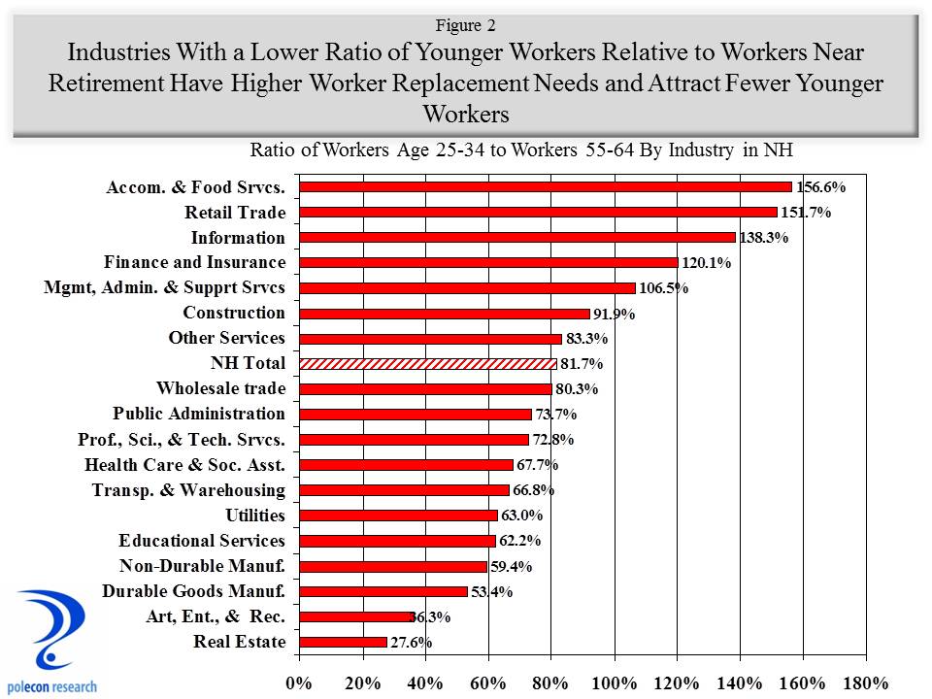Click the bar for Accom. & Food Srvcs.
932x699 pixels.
coord(546,186)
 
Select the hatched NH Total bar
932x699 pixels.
coord(427,363)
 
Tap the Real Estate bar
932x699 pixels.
coord(343,642)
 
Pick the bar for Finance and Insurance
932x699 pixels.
coord(488,262)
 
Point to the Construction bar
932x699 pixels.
coord(444,313)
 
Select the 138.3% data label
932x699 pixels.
coord(764,238)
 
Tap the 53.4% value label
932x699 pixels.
coord(492,591)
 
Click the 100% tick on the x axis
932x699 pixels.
coord(615,682)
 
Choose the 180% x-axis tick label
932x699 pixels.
coord(867,682)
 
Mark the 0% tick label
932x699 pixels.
coord(299,682)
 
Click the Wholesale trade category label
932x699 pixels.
coord(220,388)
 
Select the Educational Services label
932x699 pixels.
coord(202,541)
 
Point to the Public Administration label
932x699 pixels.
coord(199,414)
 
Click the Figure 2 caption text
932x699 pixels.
coord(465,25)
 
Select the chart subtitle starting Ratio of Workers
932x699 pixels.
coord(522,150)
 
